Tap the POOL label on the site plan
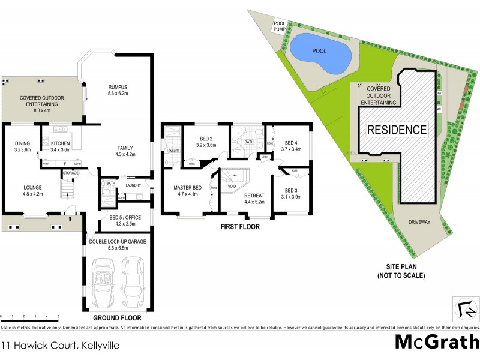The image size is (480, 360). pos(319,51)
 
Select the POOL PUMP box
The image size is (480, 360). pos(280,26)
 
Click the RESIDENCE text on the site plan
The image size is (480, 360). pos(397,129)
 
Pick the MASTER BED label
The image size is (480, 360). pos(187,188)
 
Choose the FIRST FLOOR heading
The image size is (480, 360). pos(239,227)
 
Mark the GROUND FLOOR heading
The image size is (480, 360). pos(116,317)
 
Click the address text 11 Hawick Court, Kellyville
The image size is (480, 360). pos(52,346)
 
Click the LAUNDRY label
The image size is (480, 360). pos(133,185)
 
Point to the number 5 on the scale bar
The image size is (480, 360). pos(58,316)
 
